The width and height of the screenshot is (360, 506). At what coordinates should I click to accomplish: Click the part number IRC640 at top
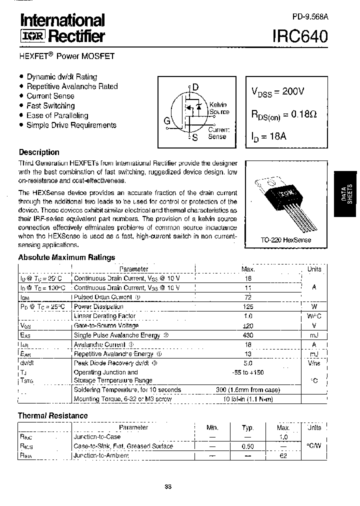point(300,36)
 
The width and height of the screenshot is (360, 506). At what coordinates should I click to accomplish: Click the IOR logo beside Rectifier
point(32,36)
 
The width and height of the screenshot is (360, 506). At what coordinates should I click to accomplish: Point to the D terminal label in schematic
point(195,87)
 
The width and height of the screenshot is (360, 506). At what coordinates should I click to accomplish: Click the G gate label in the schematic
point(167,120)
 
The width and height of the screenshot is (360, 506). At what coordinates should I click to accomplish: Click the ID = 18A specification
point(268,136)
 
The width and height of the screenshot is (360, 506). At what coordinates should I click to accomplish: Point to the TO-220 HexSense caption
point(285,240)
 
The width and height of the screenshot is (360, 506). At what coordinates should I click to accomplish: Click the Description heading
point(39,152)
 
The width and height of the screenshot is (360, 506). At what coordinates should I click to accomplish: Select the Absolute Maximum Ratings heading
point(66,257)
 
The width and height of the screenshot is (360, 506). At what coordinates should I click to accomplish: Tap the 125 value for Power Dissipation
point(248,306)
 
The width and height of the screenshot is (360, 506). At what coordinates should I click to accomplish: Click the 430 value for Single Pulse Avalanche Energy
point(248,335)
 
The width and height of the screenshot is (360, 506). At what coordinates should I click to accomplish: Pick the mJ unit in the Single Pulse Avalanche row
point(314,335)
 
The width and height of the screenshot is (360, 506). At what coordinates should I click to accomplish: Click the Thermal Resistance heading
point(52,415)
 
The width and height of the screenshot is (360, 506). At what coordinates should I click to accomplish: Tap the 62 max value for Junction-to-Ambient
point(283,455)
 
